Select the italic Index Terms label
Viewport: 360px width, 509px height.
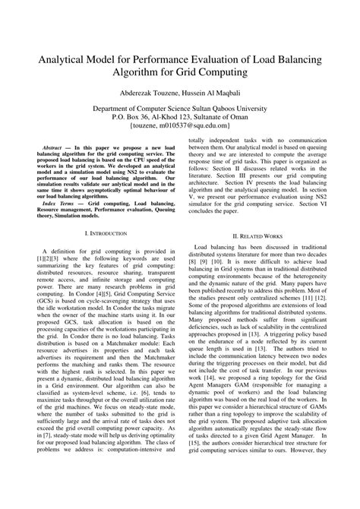coord(58,204)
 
